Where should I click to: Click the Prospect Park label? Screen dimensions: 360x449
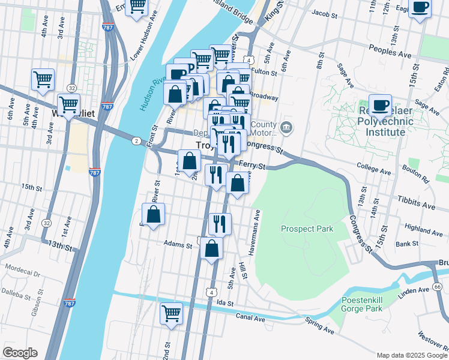[306, 229]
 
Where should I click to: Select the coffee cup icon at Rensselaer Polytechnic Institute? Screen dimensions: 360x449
[380, 106]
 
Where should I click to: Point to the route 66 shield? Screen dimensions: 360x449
[436, 287]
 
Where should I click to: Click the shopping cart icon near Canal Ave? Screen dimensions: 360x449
[171, 313]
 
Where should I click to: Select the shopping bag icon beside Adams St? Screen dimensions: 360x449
[211, 248]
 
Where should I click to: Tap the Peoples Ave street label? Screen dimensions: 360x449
[390, 51]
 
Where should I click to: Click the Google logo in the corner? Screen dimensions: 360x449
[20, 353]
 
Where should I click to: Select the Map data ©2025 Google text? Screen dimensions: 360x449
[411, 355]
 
